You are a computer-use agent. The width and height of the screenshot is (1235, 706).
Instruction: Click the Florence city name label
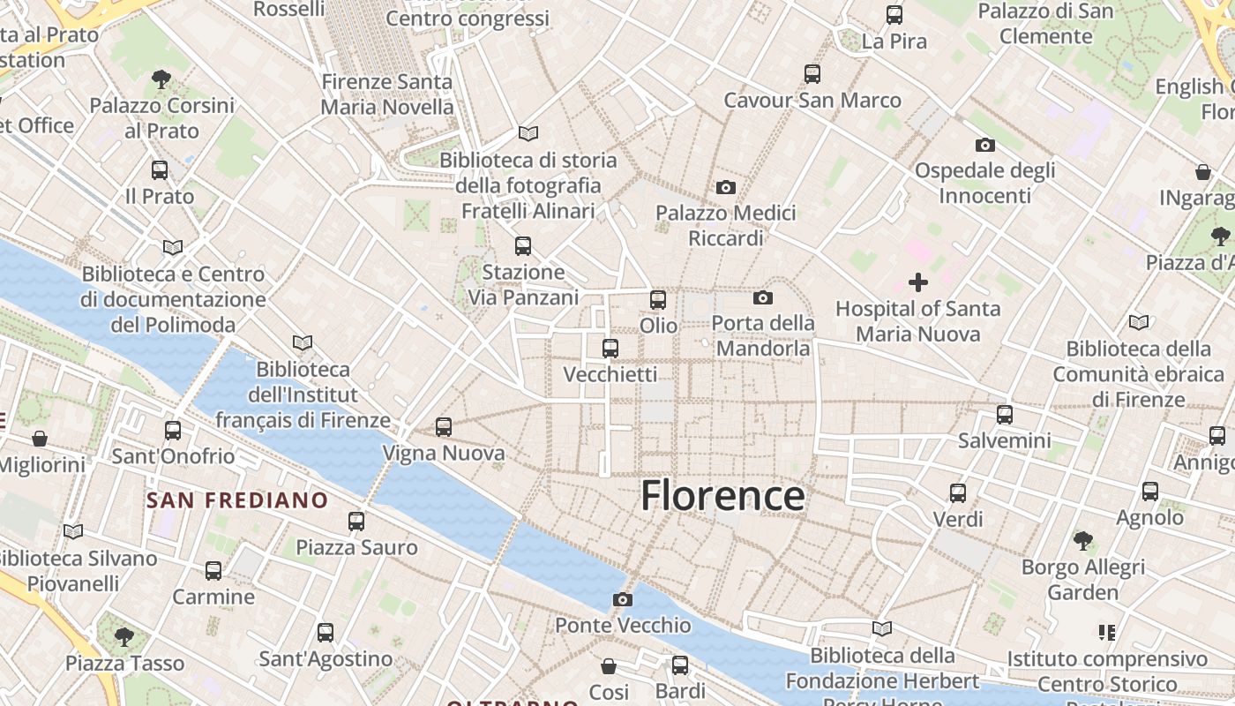coord(722,496)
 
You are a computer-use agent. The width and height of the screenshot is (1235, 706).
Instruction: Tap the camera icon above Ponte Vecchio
coord(623,600)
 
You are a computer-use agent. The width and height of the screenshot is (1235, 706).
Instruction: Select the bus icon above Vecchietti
coord(610,349)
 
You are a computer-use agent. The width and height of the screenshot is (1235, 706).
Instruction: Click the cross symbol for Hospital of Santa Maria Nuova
coord(918,282)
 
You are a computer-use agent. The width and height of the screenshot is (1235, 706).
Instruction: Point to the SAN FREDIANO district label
coord(237,501)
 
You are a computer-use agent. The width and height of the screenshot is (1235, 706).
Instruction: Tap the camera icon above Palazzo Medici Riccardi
coord(726,187)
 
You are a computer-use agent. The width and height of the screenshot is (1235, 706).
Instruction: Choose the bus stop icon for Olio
coord(658,300)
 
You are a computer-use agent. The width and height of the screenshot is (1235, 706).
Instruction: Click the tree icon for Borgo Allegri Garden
coord(1083,541)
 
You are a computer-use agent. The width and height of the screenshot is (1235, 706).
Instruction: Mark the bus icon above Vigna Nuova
coord(444,428)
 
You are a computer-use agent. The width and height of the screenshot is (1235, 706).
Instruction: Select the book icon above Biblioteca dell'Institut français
coord(303,342)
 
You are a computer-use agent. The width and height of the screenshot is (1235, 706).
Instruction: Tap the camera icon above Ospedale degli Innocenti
coord(985,145)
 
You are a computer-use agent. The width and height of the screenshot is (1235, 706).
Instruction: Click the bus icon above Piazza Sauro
coord(356,522)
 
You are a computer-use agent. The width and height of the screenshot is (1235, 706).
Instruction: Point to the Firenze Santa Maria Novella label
coord(387,94)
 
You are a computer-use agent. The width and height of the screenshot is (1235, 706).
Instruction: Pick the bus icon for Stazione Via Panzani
coord(523,246)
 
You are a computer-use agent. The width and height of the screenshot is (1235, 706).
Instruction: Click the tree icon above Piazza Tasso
coord(124,637)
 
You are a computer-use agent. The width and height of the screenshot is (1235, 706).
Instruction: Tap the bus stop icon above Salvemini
coord(1005,415)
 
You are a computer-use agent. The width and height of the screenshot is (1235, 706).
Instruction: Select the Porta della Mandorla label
coord(763,336)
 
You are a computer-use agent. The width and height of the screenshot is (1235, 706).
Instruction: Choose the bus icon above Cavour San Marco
coord(812,74)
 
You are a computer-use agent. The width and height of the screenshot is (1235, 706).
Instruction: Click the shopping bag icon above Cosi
coord(609,665)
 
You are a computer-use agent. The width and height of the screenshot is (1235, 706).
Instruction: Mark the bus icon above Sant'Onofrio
coord(173,431)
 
